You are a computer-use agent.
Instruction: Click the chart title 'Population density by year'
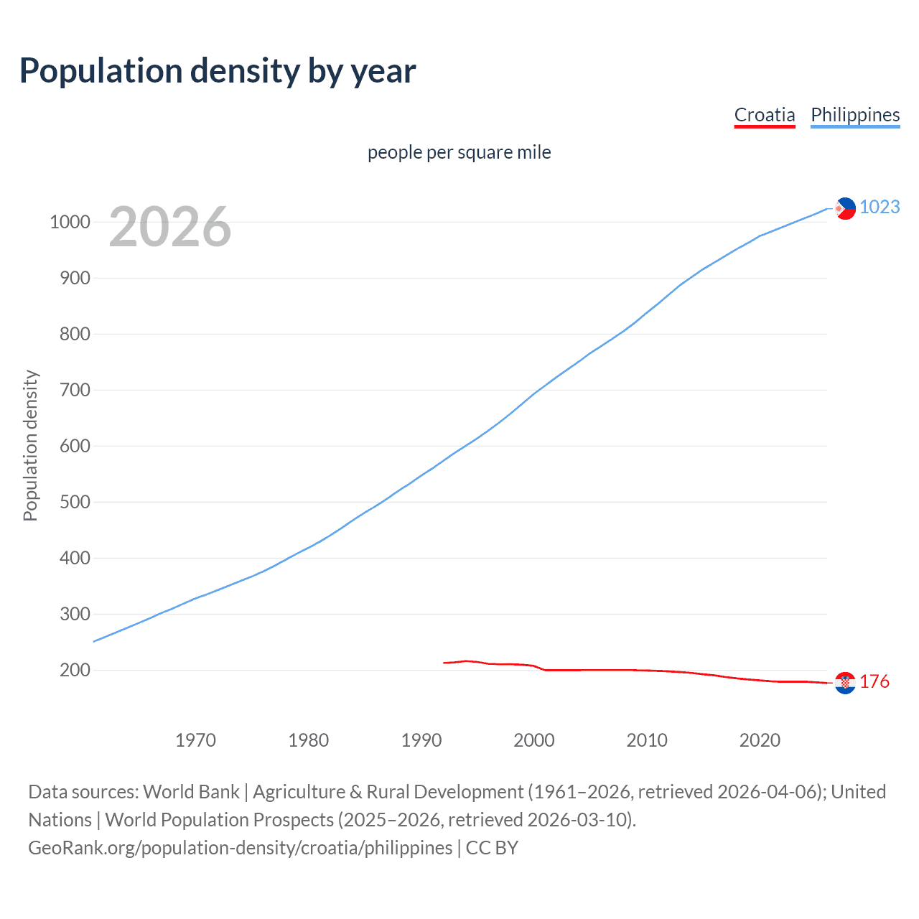(218, 71)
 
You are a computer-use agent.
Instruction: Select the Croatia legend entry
(765, 115)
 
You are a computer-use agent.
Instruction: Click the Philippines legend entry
(855, 115)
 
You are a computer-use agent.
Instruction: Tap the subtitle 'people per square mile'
(459, 152)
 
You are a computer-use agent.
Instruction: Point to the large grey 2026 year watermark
(170, 227)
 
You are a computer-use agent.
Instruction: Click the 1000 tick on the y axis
(70, 222)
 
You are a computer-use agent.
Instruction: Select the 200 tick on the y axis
(75, 670)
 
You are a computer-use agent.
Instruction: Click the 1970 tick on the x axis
(195, 740)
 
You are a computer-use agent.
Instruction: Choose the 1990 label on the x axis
(421, 740)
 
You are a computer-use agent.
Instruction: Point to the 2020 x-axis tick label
(760, 740)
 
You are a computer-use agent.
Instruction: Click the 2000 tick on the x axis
(534, 740)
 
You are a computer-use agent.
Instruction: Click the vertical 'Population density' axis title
(30, 445)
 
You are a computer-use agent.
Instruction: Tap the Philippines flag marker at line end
(845, 208)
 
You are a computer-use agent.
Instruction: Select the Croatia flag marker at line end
(845, 683)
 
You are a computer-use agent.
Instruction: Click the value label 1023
(880, 207)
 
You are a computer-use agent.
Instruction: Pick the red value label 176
(874, 681)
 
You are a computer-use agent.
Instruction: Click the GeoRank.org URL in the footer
(241, 848)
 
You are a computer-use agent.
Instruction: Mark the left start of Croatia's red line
(444, 663)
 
